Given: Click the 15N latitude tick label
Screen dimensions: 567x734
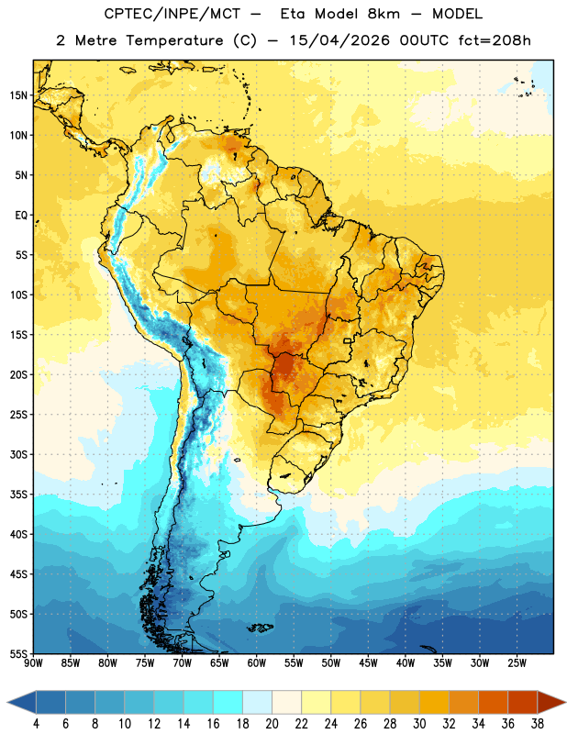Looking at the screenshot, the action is (x=18, y=95).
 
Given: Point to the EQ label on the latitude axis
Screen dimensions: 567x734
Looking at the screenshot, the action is (x=21, y=216).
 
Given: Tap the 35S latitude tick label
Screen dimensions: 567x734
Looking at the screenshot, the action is (x=18, y=495).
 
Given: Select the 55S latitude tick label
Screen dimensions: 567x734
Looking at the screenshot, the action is (x=18, y=654).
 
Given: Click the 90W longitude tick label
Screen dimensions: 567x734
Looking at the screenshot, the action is (x=33, y=663).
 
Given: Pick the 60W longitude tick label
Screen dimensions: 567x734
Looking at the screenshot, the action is (x=257, y=663).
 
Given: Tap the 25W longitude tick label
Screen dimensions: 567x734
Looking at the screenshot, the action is (x=517, y=663).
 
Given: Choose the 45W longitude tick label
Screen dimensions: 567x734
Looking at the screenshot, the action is (x=368, y=663).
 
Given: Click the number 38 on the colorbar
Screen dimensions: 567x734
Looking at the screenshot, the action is (x=537, y=724).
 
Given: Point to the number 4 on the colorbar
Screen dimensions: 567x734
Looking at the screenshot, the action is (x=36, y=724).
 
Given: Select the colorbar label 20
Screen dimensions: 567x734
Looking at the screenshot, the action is (x=272, y=724).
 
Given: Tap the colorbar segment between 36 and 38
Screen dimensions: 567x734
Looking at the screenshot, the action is (x=523, y=702).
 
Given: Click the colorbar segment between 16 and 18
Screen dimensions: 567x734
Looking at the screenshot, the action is (x=228, y=702).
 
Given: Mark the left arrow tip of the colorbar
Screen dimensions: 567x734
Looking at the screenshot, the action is (x=7, y=702).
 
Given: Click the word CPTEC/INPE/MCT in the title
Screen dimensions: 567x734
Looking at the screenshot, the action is (x=172, y=14).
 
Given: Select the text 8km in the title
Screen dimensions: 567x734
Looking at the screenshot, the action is (x=384, y=14).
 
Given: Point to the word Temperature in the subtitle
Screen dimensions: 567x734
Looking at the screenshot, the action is (x=174, y=41).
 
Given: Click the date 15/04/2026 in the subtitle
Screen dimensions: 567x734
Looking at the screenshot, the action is (x=339, y=40).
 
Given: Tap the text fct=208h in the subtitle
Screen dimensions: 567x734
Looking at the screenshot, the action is (x=495, y=40).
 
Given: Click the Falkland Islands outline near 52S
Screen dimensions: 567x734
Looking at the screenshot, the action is (x=260, y=628).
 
